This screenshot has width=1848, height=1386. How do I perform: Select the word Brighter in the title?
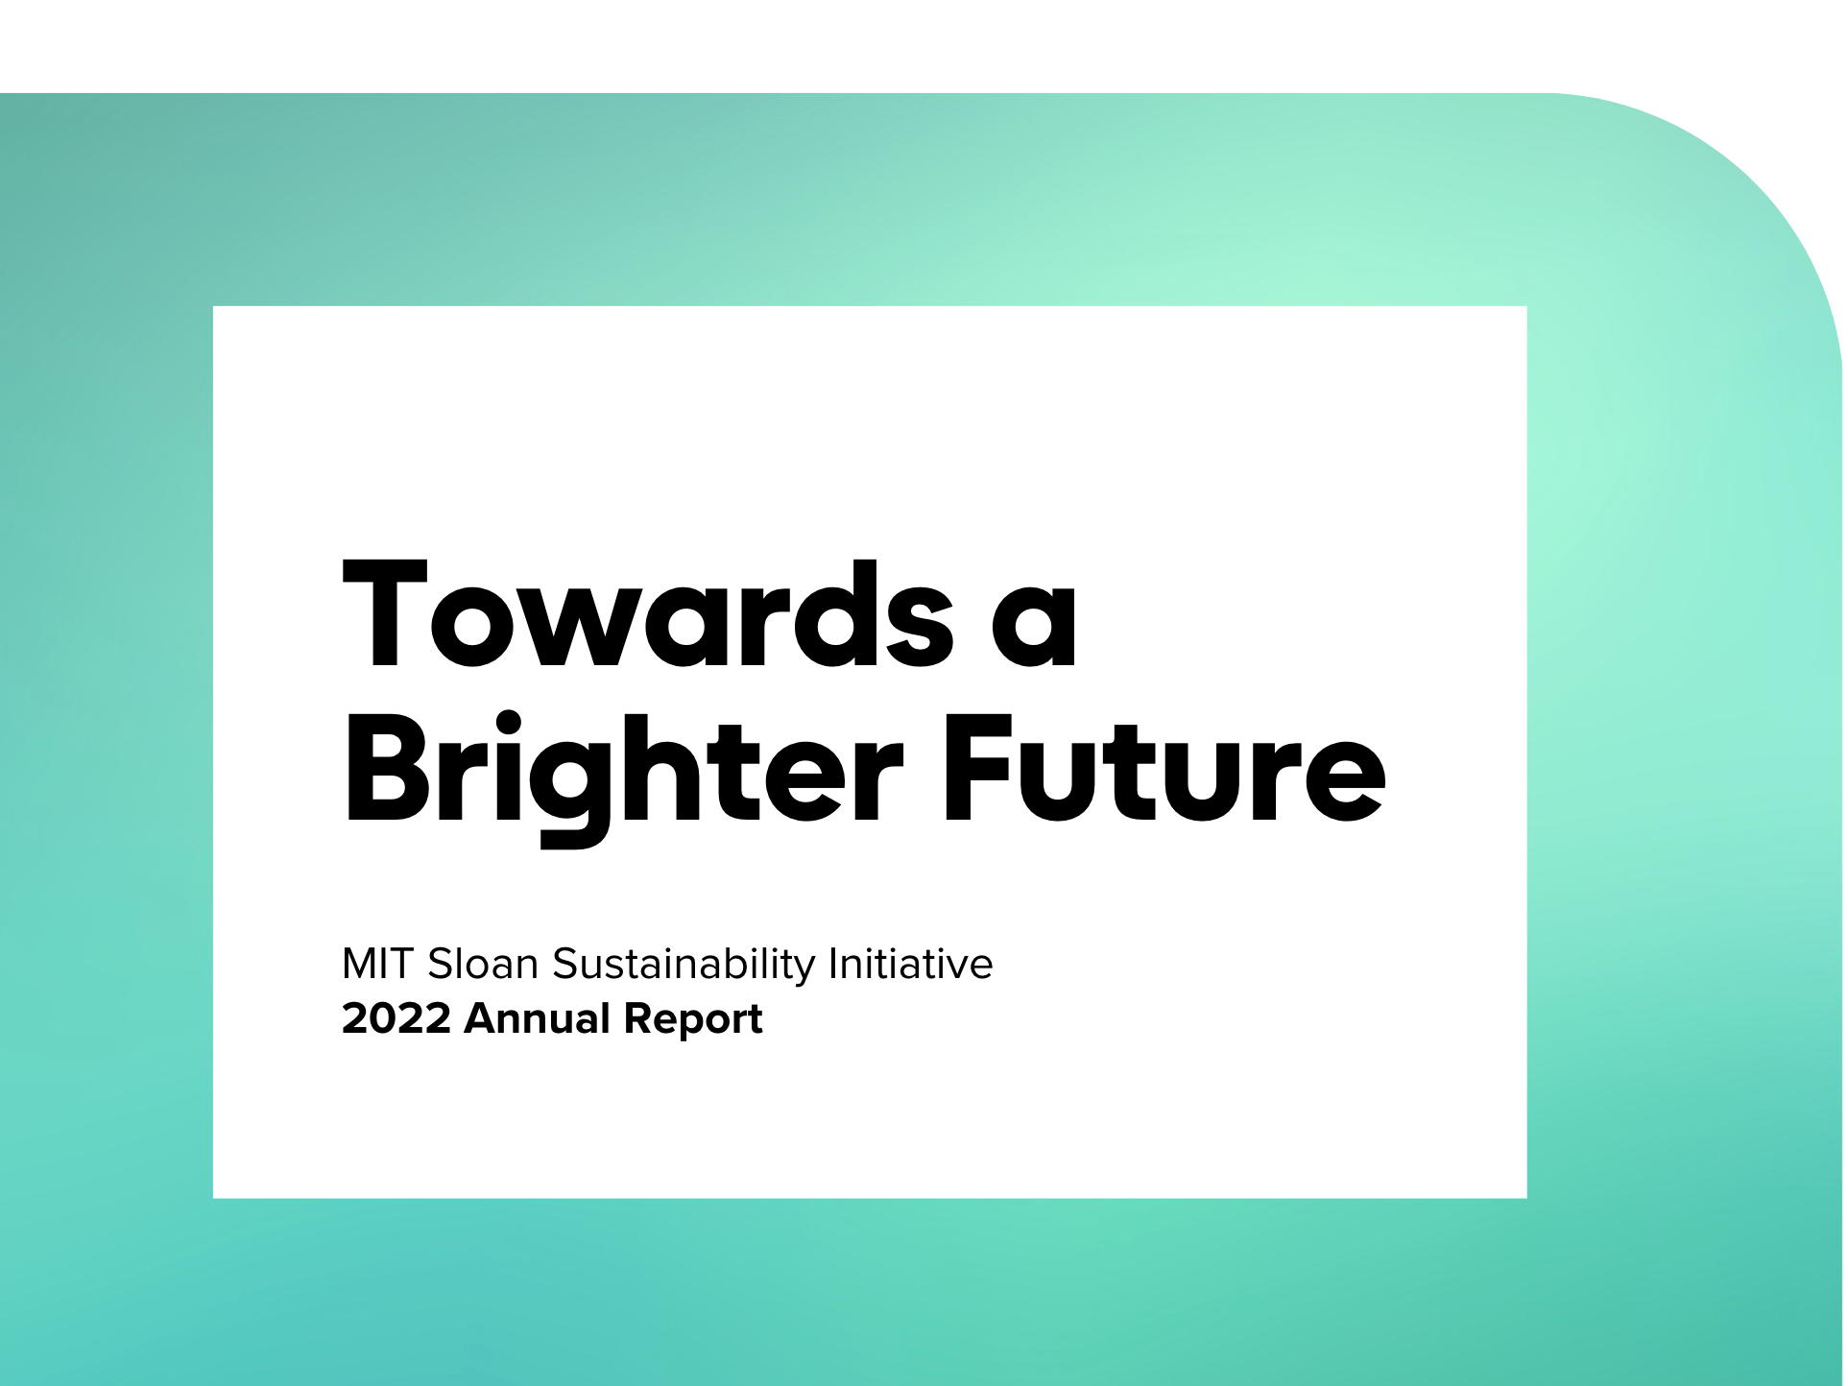click(623, 774)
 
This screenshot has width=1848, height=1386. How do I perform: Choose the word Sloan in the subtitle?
click(483, 965)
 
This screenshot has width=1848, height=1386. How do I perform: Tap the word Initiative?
click(910, 965)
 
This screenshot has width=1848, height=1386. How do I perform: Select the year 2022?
click(396, 1019)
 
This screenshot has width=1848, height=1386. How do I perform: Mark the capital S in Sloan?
click(440, 965)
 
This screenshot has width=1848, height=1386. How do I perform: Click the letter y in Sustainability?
click(806, 971)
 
